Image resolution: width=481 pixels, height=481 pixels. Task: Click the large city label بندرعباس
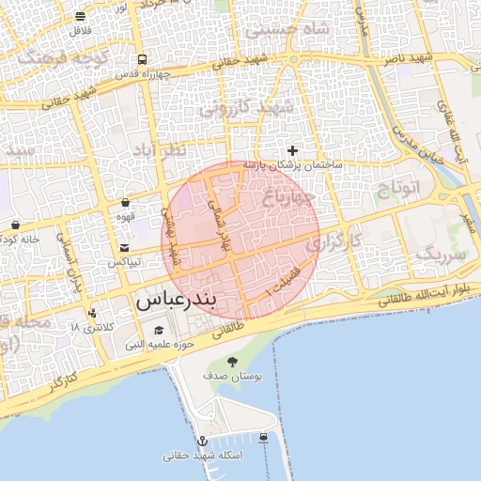[x=177, y=303]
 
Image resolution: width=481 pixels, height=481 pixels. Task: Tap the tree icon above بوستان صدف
[x=231, y=361]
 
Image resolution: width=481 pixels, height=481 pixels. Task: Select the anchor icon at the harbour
[x=201, y=441]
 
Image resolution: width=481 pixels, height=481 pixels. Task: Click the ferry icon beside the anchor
[x=263, y=437]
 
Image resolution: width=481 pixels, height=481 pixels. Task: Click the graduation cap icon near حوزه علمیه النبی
[x=159, y=331]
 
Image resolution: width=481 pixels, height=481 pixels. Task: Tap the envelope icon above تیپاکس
[x=124, y=248]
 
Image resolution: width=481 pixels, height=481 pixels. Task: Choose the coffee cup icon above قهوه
[x=125, y=203]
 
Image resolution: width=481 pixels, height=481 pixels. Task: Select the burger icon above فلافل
[x=80, y=16]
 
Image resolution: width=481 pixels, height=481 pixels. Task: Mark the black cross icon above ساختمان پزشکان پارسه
[x=293, y=150]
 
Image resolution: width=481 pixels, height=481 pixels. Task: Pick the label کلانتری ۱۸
[x=90, y=327]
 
